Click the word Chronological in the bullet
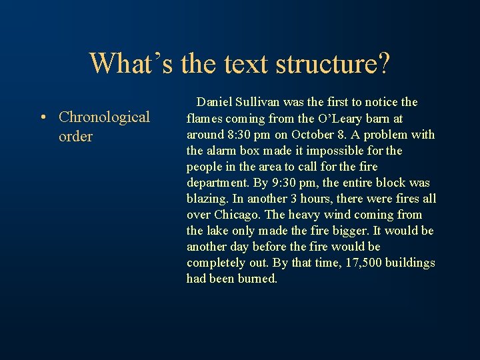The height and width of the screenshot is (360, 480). [x=105, y=117]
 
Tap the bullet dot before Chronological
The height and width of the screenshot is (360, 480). [x=43, y=118]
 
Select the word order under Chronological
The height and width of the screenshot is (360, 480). [x=75, y=137]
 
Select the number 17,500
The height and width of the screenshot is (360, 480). [x=367, y=263]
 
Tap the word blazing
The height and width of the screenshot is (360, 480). [x=207, y=199]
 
